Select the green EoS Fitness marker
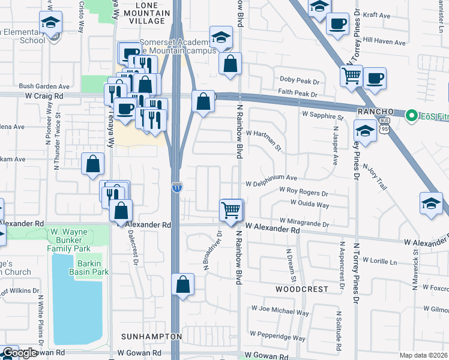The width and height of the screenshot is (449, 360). point(412,115)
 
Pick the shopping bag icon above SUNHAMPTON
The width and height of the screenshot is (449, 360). point(182,285)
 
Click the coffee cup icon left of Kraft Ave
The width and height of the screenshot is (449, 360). point(337,24)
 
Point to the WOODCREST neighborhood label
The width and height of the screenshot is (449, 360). point(302,289)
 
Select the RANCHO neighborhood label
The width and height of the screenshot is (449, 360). point(375,112)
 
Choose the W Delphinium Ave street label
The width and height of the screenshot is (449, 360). point(271,178)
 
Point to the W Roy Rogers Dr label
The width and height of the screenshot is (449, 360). point(304,194)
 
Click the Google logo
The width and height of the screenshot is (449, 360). point(19,353)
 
